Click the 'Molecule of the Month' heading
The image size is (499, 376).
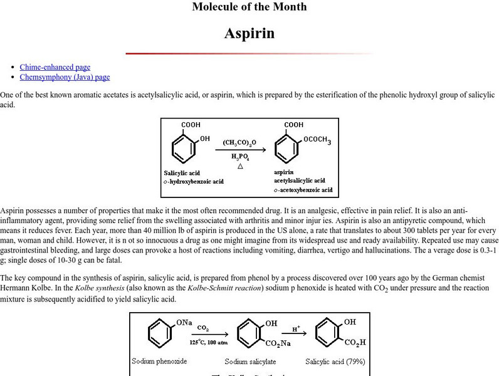(249, 7)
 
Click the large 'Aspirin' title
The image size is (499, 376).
(249, 33)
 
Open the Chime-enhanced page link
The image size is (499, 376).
(55, 67)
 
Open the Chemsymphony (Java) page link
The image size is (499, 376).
(65, 77)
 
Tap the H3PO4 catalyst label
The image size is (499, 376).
(239, 157)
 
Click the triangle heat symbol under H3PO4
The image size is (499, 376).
(239, 166)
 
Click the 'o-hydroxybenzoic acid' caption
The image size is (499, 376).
(194, 182)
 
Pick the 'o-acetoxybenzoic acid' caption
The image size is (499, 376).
(303, 190)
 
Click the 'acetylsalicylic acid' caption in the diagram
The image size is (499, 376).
(299, 180)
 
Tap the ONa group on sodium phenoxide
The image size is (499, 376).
(184, 323)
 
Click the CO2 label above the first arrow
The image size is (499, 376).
(203, 327)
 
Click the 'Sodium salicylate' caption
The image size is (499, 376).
(249, 362)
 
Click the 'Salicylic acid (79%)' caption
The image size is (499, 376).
(335, 362)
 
